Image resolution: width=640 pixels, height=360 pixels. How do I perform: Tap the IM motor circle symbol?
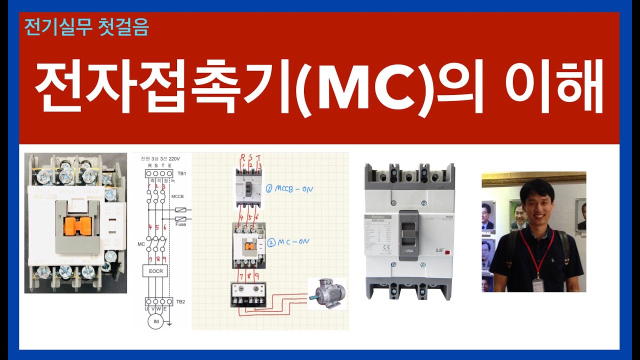(x=155, y=321)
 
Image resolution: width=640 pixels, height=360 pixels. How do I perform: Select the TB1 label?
(x=181, y=173)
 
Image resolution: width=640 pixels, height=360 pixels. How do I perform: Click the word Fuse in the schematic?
(x=181, y=224)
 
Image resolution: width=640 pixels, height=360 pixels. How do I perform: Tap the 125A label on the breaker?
(x=408, y=250)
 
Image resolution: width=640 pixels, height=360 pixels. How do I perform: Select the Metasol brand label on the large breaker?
(x=379, y=216)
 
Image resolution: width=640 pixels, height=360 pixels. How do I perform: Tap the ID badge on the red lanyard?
(x=537, y=285)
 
